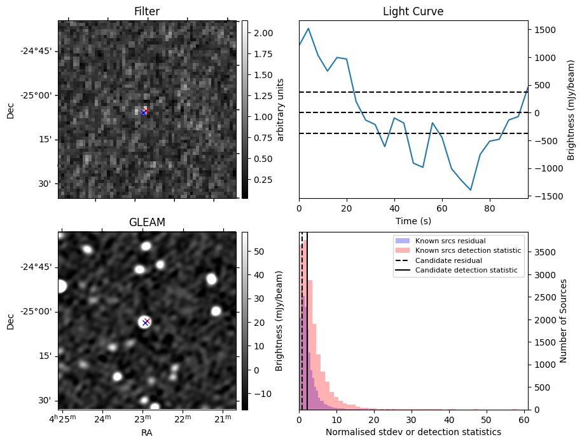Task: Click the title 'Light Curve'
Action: (x=413, y=11)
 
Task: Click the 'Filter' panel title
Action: (x=147, y=11)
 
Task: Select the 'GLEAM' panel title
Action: (x=147, y=222)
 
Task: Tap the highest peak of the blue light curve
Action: (x=308, y=28)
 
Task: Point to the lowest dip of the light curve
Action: (x=471, y=190)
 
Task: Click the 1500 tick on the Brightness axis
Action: (x=545, y=30)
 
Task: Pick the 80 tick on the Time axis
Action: (x=490, y=208)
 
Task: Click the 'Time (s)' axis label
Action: (x=413, y=221)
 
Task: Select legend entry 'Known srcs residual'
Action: (x=450, y=241)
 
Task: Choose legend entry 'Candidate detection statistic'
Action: (x=466, y=270)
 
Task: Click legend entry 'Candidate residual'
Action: (x=448, y=260)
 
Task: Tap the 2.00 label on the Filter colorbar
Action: (x=263, y=33)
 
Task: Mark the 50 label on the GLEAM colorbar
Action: (x=259, y=252)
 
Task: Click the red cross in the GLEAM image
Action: (x=147, y=321)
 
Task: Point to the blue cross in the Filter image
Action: (x=143, y=112)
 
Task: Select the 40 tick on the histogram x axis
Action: (x=449, y=420)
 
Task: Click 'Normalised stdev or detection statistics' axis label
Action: (x=413, y=432)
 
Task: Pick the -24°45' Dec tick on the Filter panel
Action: (x=39, y=51)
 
